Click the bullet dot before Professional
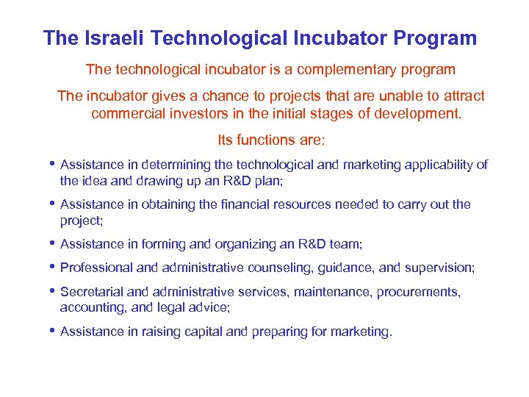pyautogui.click(x=53, y=268)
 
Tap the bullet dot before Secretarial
pyautogui.click(x=53, y=292)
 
